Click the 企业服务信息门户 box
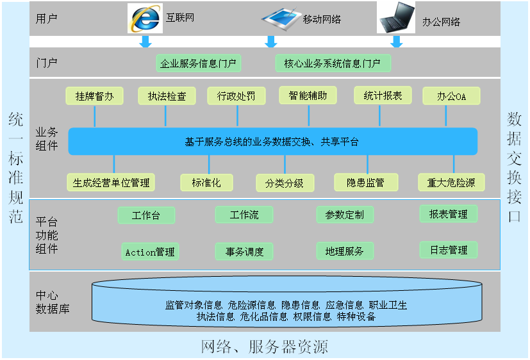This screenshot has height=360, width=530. (x=199, y=63)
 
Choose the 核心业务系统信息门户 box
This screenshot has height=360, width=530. (x=333, y=63)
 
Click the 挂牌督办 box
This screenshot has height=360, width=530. (x=94, y=96)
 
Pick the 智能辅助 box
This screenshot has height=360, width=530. (x=308, y=95)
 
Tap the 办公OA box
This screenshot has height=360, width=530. (x=451, y=97)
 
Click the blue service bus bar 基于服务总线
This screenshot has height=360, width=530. (x=272, y=142)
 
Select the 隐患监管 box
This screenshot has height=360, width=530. (x=366, y=183)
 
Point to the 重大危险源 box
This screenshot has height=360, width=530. (x=451, y=183)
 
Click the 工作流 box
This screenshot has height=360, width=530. (x=244, y=215)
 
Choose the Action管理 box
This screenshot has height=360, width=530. (x=150, y=252)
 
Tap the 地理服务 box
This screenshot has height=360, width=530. (x=344, y=251)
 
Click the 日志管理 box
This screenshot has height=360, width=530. (x=449, y=250)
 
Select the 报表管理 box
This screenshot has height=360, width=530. (x=449, y=214)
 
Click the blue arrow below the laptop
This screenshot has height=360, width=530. (x=397, y=42)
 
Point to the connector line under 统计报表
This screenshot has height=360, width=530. (x=380, y=116)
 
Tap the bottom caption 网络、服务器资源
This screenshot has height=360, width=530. (x=265, y=347)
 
